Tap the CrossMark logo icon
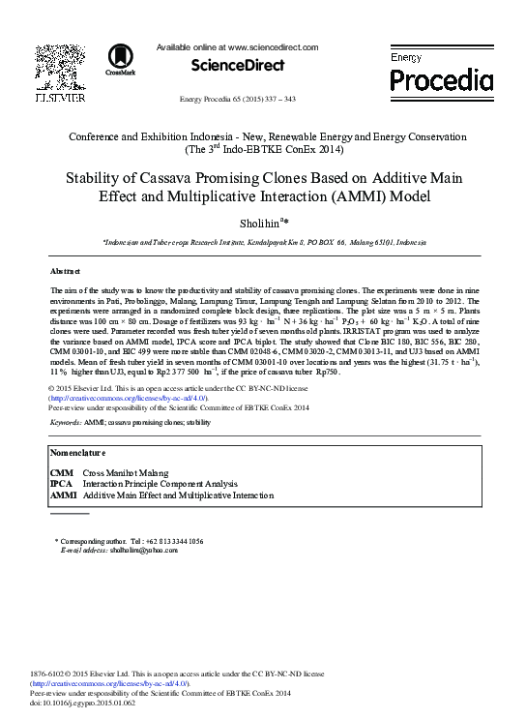(120, 58)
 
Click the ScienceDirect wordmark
(238, 65)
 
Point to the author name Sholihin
(259, 224)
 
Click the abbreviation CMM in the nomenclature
(61, 473)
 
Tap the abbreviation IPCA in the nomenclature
(61, 484)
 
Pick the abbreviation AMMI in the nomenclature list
(63, 494)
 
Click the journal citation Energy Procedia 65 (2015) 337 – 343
(238, 100)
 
